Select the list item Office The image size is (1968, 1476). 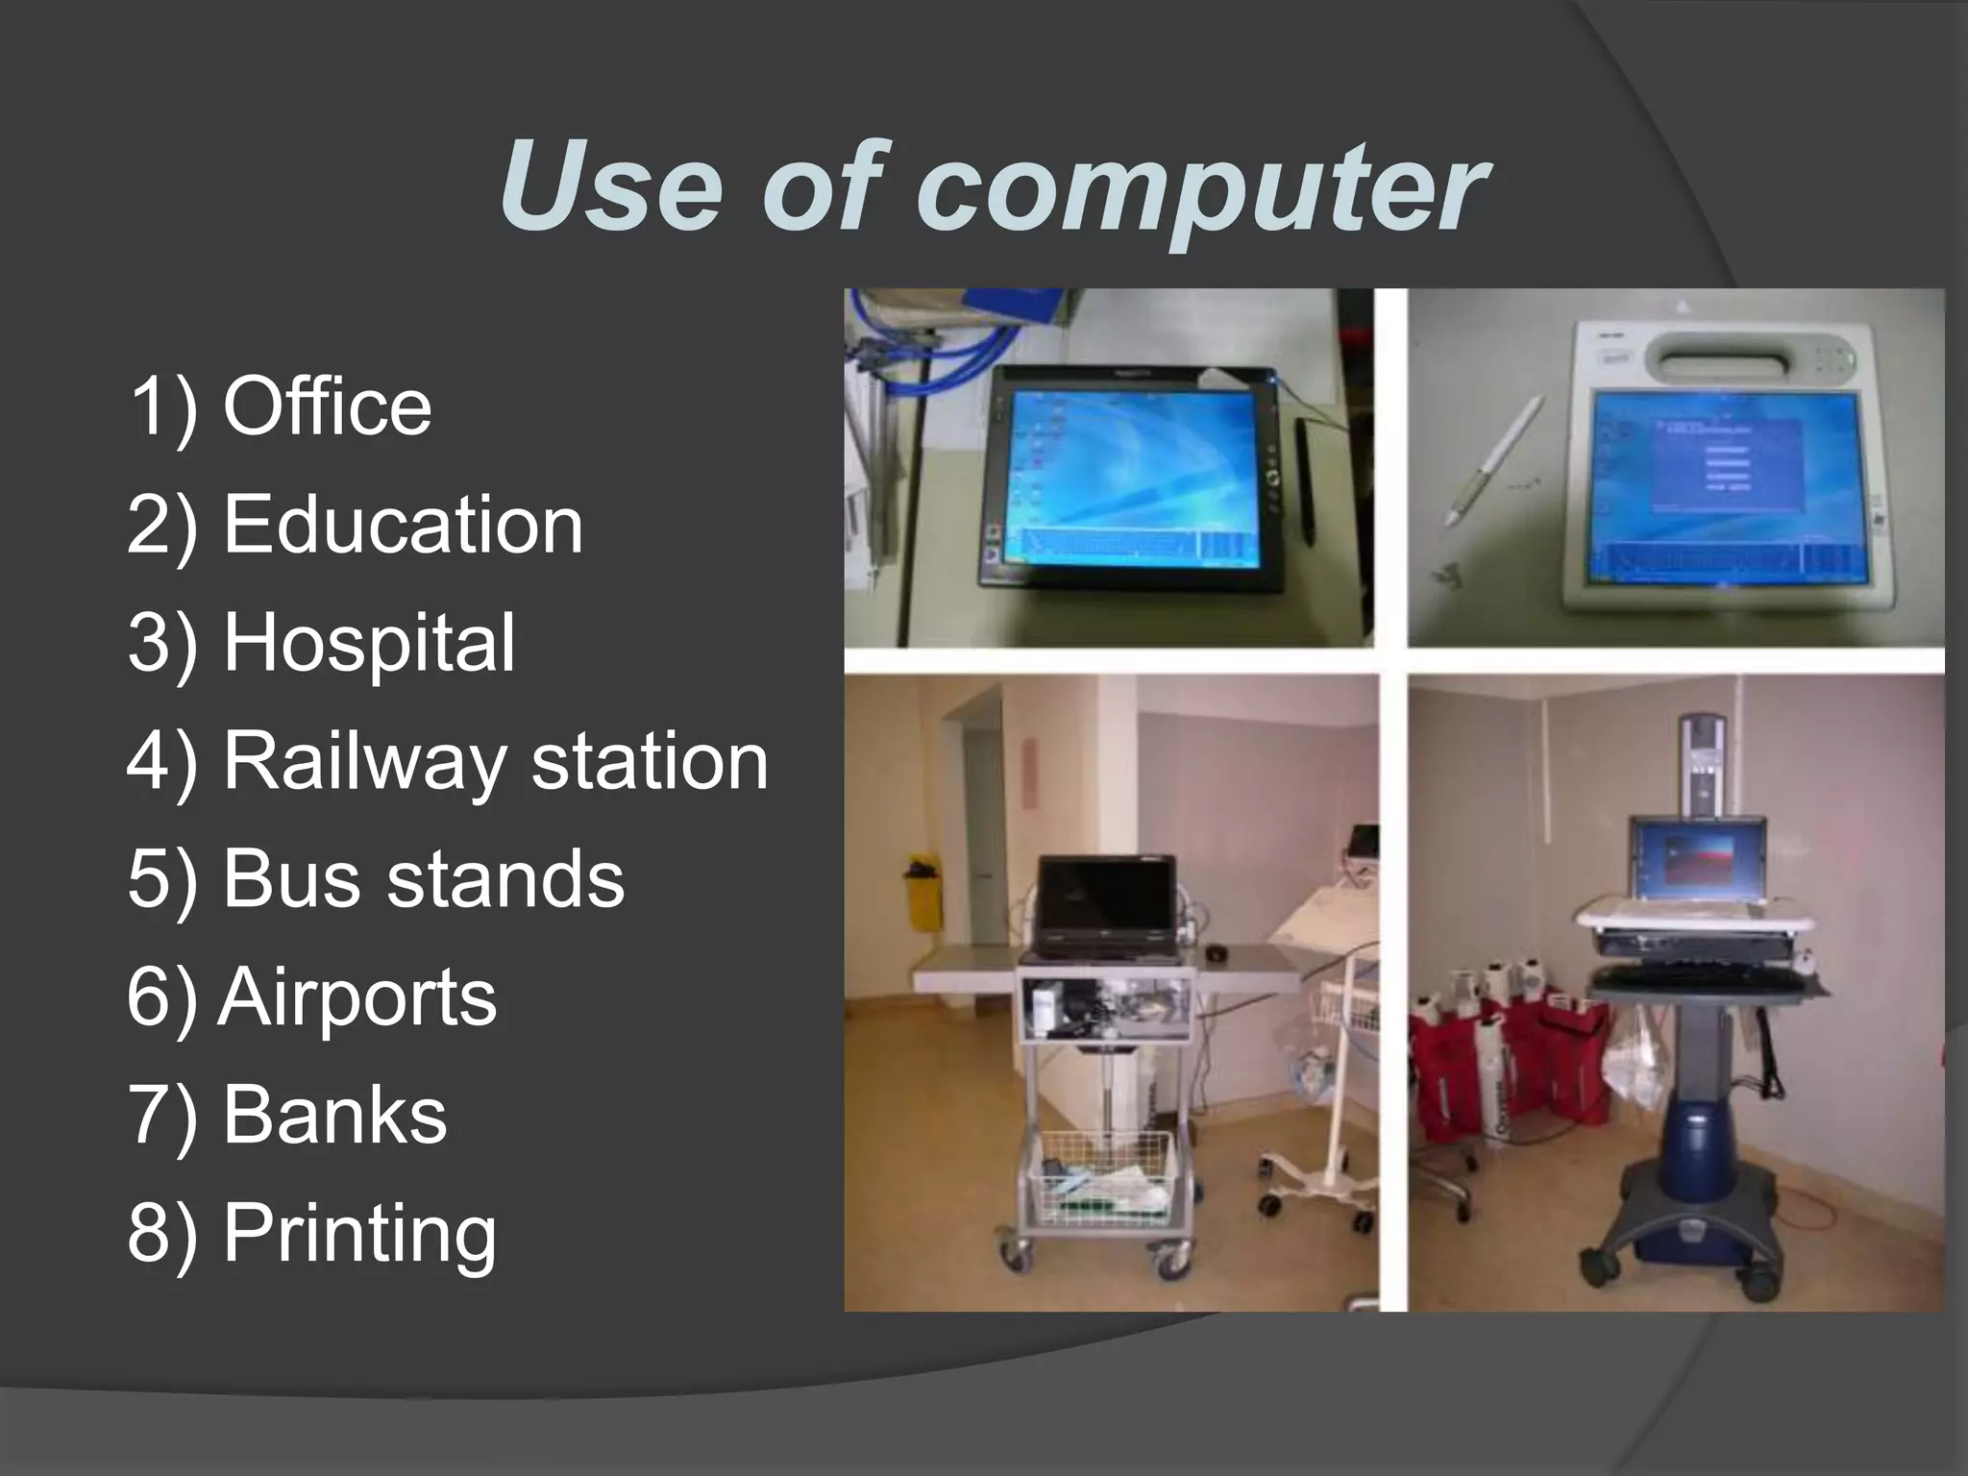coord(327,407)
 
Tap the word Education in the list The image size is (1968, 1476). coord(403,526)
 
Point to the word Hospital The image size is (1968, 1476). coord(369,643)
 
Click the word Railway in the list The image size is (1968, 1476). coord(365,762)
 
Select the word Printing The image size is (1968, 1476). coord(359,1235)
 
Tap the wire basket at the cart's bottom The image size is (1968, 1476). coord(1101,1180)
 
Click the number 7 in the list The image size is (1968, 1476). coord(148,1116)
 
